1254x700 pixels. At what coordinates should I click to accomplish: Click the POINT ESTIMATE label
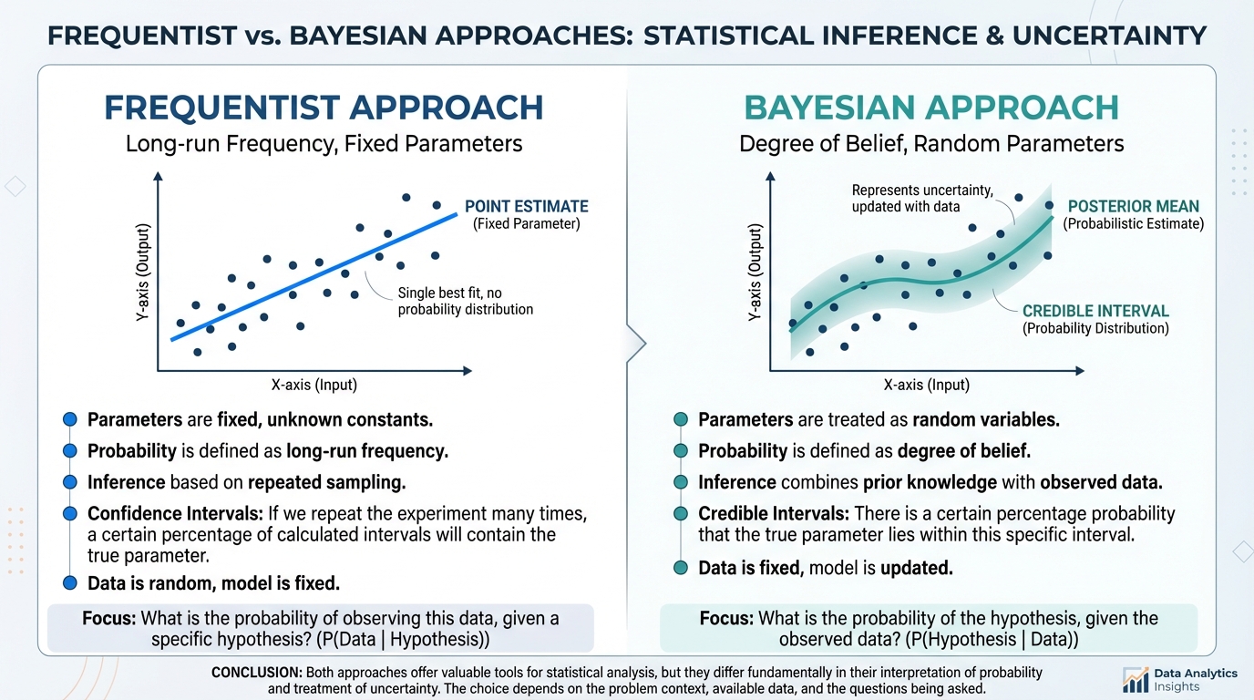[x=526, y=207]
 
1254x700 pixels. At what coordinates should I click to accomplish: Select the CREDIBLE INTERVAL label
[x=1095, y=311]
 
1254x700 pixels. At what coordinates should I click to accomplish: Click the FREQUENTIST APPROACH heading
[x=324, y=108]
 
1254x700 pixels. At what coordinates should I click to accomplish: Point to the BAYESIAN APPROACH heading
[x=931, y=108]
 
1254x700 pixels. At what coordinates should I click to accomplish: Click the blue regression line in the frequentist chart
[x=314, y=277]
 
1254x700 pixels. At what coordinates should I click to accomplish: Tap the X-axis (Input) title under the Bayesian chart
[x=927, y=385]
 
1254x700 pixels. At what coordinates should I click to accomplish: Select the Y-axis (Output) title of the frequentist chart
[x=143, y=273]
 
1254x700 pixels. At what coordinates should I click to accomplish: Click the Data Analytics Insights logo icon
[x=1135, y=680]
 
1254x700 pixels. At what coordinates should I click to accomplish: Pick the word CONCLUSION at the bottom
[x=257, y=673]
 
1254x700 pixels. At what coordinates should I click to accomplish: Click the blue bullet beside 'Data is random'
[x=70, y=583]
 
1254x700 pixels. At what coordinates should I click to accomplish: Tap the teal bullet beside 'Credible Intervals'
[x=681, y=513]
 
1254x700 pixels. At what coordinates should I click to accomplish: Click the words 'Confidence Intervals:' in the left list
[x=175, y=513]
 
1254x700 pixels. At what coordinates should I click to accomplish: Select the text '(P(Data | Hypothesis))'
[x=403, y=640]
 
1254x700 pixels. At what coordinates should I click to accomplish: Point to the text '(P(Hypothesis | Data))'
[x=992, y=640]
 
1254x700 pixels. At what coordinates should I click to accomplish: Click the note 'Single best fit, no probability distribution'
[x=465, y=302]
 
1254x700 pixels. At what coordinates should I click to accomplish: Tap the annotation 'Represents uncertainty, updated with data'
[x=922, y=198]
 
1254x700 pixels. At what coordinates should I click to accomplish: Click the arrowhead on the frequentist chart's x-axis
[x=467, y=371]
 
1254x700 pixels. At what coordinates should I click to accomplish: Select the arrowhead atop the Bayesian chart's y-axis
[x=770, y=177]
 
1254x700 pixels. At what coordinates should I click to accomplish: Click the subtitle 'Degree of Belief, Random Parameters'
[x=931, y=144]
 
